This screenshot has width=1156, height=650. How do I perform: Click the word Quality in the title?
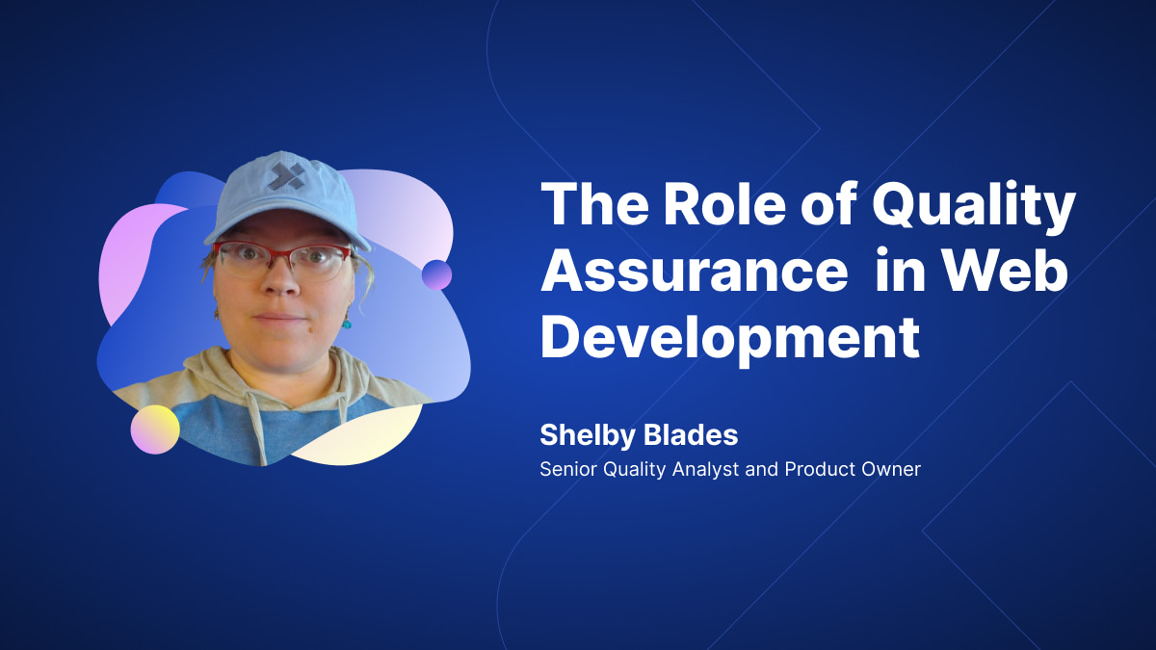(974, 204)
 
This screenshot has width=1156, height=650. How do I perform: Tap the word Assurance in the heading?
(695, 270)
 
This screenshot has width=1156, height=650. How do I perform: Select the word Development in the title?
(730, 338)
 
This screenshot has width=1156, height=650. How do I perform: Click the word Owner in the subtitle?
(891, 469)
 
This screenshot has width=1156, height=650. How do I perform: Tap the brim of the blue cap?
(287, 229)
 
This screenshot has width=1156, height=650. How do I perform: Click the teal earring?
(346, 324)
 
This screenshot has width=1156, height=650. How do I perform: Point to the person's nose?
(281, 278)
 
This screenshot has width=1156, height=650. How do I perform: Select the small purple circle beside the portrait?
(436, 275)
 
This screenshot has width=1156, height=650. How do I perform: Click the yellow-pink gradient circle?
(155, 429)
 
